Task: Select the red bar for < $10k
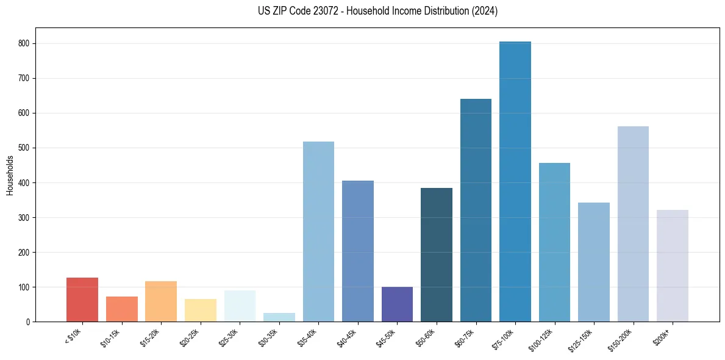82,300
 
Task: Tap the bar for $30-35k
279,317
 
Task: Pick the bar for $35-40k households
318,232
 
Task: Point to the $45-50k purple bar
397,304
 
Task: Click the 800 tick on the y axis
25,44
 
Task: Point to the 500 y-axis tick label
25,148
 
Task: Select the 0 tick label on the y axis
29,322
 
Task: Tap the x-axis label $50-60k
429,336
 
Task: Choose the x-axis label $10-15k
113,336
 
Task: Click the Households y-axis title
10,175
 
